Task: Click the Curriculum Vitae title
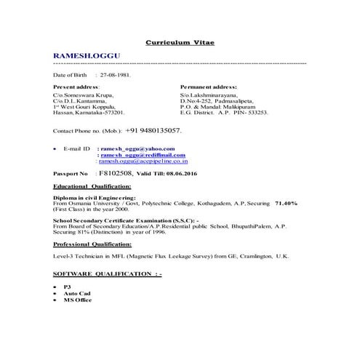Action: pos(180,43)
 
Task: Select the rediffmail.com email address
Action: pos(143,155)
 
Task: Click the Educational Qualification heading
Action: pos(92,187)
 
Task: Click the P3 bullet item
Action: pos(68,287)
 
